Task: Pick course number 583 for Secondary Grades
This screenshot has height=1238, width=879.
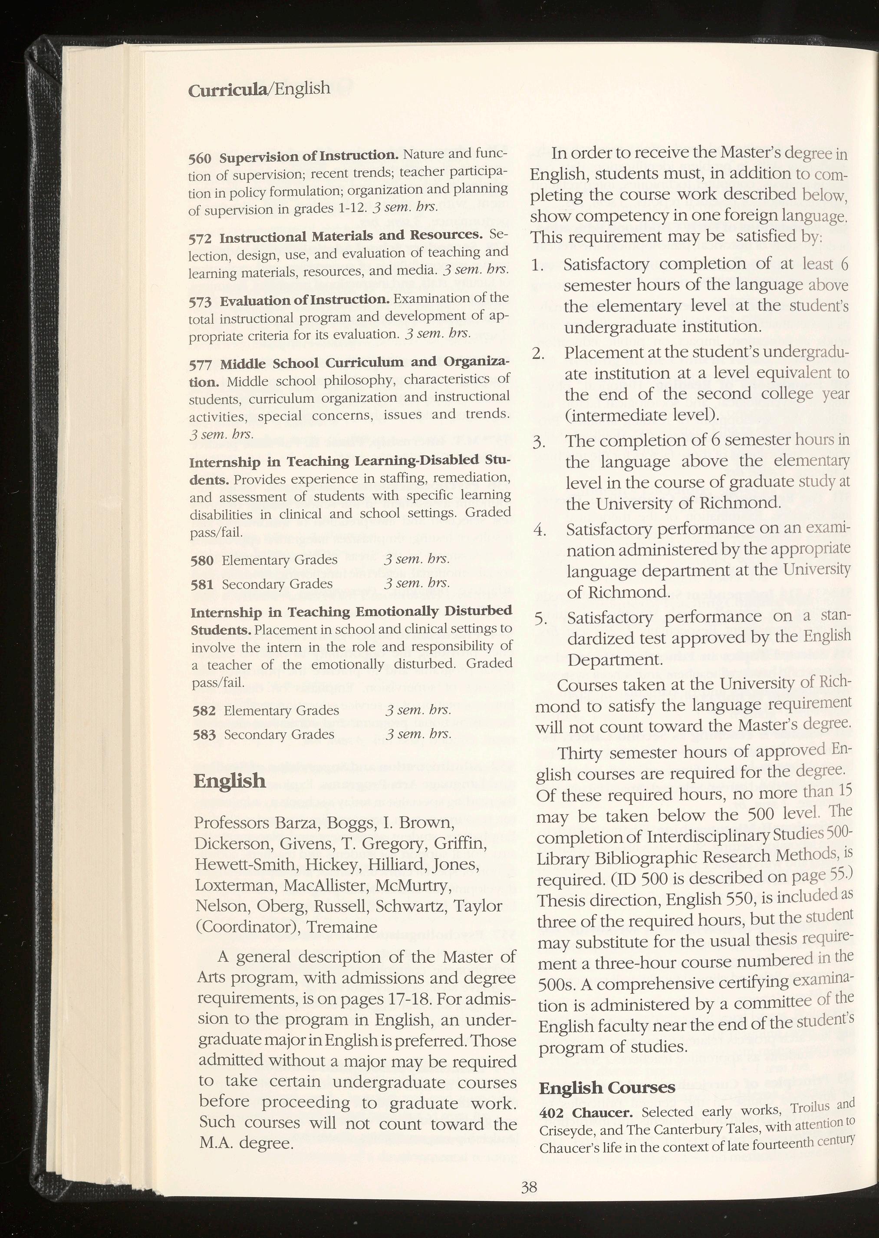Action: pyautogui.click(x=204, y=735)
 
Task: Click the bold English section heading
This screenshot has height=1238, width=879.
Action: pyautogui.click(x=230, y=781)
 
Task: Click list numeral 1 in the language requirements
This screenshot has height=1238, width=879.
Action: pyautogui.click(x=537, y=265)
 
